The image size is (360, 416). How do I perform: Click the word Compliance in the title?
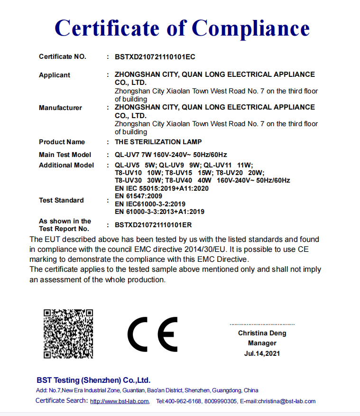[251, 28]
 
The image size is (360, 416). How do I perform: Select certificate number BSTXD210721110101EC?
[155, 57]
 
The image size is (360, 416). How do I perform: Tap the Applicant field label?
[55, 75]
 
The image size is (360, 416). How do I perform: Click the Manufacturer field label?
[60, 108]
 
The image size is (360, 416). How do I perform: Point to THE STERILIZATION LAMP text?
[158, 142]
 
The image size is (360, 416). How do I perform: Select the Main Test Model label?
[65, 155]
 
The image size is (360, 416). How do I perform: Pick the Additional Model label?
[66, 165]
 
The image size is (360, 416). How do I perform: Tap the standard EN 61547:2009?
[138, 196]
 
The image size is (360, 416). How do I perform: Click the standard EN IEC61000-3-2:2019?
[150, 203]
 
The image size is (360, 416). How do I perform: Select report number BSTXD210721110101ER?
[153, 225]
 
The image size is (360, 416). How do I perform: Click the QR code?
[68, 333]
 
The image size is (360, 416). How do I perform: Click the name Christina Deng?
[262, 333]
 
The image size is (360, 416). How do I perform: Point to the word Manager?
[262, 343]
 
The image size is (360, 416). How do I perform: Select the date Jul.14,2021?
[262, 353]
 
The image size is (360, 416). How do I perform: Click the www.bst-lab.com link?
[119, 401]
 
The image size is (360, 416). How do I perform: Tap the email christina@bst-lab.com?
[286, 401]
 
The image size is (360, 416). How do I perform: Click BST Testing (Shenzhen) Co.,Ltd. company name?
[93, 380]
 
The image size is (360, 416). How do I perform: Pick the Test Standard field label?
[61, 200]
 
